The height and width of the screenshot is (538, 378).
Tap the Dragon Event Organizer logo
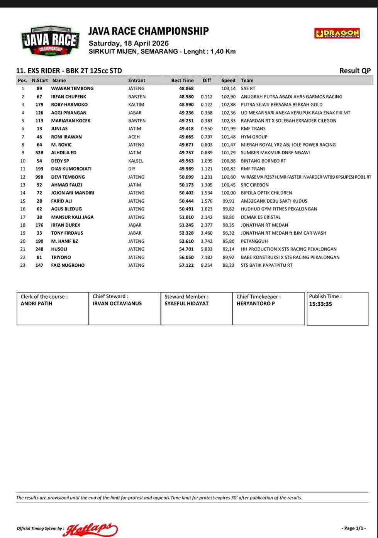click(337, 33)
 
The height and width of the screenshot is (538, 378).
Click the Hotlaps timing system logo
click(92, 529)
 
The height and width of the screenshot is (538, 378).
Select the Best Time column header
click(182, 81)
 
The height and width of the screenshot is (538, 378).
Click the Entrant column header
click(137, 81)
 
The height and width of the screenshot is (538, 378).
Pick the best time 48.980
click(186, 97)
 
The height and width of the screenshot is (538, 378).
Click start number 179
click(39, 105)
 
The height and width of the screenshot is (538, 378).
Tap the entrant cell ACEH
click(134, 137)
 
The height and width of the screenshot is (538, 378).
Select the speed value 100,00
click(228, 193)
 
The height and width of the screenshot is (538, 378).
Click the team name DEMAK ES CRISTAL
click(261, 217)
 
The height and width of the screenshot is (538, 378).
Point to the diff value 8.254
click(207, 266)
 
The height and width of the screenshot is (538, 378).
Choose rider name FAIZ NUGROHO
click(68, 266)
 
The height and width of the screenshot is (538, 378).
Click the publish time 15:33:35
click(320, 304)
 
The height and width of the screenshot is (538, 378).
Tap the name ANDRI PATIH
click(36, 304)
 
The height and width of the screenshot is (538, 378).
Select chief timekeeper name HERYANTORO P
click(256, 304)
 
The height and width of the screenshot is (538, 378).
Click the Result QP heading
click(355, 71)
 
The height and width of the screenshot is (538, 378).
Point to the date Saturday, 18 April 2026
click(129, 43)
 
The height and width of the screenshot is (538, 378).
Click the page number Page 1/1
click(354, 528)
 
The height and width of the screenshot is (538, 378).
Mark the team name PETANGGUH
click(254, 241)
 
